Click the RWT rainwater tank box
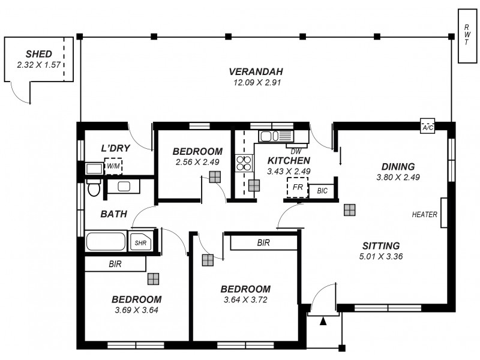tap(467, 36)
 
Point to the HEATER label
tap(424, 214)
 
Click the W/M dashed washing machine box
tap(113, 166)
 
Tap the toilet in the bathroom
tap(94, 188)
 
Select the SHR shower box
tap(140, 242)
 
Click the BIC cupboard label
tap(322, 191)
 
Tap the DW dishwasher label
tap(296, 151)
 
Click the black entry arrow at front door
tap(323, 322)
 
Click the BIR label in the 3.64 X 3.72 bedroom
tap(263, 242)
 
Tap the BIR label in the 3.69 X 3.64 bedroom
tap(116, 263)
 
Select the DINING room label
tap(398, 166)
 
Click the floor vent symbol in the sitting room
tap(349, 209)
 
